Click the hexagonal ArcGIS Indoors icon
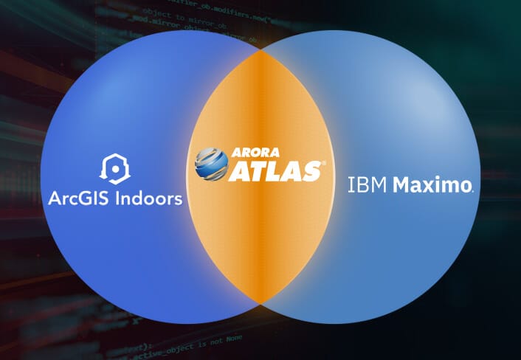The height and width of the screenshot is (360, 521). coord(114,169)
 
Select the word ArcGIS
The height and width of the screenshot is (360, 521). coord(77,199)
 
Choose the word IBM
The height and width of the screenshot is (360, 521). coord(367,185)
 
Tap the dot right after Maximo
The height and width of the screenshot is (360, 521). coord(472,191)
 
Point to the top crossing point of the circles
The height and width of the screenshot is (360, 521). coord(260,52)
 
